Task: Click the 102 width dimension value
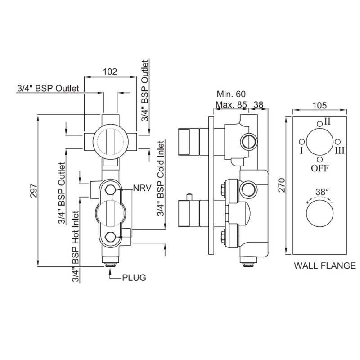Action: [x=110, y=71]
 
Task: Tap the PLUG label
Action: [x=134, y=277]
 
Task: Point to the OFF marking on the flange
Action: [x=319, y=168]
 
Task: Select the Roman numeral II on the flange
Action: [x=327, y=121]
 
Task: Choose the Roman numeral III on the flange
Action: [x=339, y=150]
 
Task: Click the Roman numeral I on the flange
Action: [x=300, y=150]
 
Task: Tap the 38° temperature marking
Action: [x=321, y=192]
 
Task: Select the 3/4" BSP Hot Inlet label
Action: [x=75, y=246]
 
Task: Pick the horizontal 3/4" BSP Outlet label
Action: [x=48, y=89]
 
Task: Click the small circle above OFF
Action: [x=319, y=159]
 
